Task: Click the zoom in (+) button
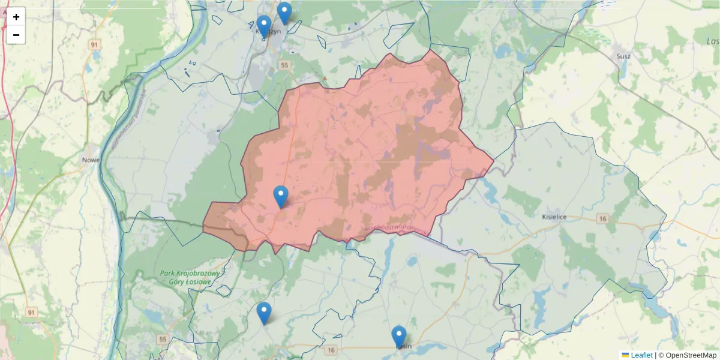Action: (16, 17)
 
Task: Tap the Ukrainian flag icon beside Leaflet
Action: (625, 355)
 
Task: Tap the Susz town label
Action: (623, 56)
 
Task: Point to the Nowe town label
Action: (91, 160)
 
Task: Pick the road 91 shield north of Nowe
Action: (94, 44)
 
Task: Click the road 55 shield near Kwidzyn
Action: (284, 64)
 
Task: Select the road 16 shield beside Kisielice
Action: (602, 219)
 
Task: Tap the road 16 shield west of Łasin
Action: (331, 349)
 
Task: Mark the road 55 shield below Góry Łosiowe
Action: (162, 339)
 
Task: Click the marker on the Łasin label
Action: (399, 337)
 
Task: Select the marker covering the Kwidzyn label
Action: (264, 26)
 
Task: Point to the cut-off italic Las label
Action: (713, 41)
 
